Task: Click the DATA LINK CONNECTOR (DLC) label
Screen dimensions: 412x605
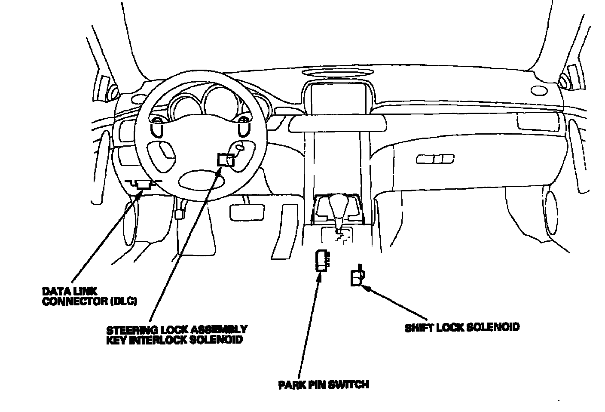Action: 89,296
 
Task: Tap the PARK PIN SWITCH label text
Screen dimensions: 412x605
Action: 323,384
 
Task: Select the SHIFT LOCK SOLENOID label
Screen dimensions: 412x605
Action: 461,327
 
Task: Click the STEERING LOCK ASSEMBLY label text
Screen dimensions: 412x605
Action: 177,329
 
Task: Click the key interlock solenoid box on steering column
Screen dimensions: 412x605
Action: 225,160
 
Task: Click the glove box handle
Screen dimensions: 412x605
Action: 434,160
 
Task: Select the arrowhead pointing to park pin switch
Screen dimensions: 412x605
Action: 318,276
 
